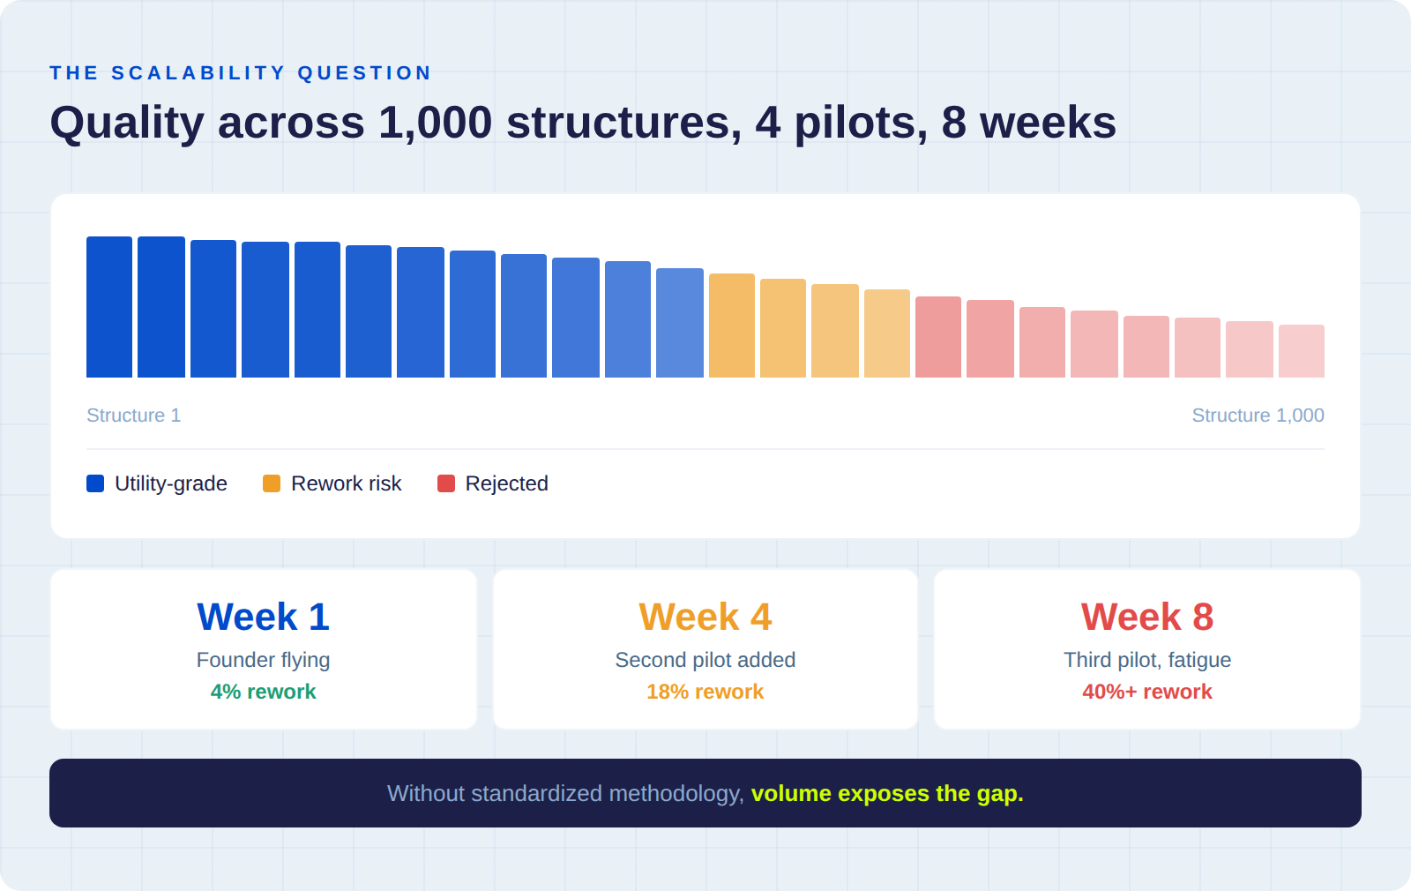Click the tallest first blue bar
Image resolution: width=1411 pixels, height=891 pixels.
pyautogui.click(x=109, y=307)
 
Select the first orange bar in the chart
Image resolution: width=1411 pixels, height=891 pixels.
pyautogui.click(x=732, y=326)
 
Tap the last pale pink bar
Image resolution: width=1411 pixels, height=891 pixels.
pyautogui.click(x=1302, y=351)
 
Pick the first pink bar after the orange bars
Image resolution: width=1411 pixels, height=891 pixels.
pyautogui.click(x=938, y=337)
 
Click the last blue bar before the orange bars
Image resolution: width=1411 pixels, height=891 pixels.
pyautogui.click(x=680, y=323)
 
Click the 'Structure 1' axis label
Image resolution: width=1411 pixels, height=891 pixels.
pyautogui.click(x=133, y=416)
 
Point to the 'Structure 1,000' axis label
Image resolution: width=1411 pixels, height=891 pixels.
pyautogui.click(x=1258, y=416)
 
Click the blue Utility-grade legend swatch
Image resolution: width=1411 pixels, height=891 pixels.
pyautogui.click(x=95, y=483)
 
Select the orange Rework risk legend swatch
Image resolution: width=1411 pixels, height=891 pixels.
pyautogui.click(x=272, y=483)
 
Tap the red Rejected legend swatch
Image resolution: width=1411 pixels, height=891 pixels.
pyautogui.click(x=446, y=483)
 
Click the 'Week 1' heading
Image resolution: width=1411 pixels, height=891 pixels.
pyautogui.click(x=263, y=617)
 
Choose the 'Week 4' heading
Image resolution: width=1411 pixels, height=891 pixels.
pyautogui.click(x=705, y=617)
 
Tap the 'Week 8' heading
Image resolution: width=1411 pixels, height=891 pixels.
pyautogui.click(x=1146, y=617)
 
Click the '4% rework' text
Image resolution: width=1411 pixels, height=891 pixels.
pyautogui.click(x=263, y=692)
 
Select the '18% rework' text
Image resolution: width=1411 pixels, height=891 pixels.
pyautogui.click(x=705, y=692)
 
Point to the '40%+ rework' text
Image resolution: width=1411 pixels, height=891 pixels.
pyautogui.click(x=1146, y=692)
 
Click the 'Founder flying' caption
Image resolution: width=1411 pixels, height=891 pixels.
pyautogui.click(x=263, y=660)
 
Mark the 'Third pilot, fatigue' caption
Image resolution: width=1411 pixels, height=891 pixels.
pyautogui.click(x=1146, y=660)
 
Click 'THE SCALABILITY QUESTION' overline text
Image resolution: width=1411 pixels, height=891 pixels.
pyautogui.click(x=240, y=73)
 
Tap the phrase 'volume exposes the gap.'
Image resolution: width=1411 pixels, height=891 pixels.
pyautogui.click(x=887, y=793)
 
